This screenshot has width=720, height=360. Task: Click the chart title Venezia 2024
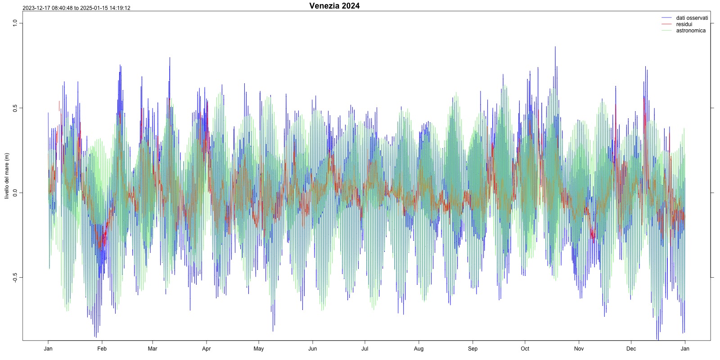click(x=334, y=6)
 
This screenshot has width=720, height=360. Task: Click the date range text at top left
click(x=76, y=8)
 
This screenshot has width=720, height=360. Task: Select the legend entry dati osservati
click(x=692, y=18)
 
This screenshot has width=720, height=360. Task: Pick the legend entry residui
click(x=684, y=24)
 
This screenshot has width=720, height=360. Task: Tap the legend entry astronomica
click(x=691, y=31)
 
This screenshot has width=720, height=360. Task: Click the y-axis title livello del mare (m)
click(x=7, y=176)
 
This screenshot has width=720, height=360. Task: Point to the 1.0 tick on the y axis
click(x=15, y=23)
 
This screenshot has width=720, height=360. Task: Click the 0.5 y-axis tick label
click(x=15, y=108)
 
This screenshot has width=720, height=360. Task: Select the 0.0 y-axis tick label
click(x=15, y=193)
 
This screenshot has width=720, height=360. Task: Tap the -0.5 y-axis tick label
click(x=15, y=278)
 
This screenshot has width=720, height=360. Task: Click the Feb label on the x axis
click(x=102, y=349)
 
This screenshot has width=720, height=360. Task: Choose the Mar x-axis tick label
click(x=153, y=349)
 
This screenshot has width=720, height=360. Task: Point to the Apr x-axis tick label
click(x=206, y=349)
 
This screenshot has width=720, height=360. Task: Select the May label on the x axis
click(x=259, y=349)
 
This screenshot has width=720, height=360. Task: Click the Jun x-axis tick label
click(x=312, y=349)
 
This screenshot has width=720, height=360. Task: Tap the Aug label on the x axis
click(x=418, y=349)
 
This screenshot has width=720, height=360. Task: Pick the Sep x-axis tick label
click(x=472, y=349)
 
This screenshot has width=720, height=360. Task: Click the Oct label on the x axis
click(x=525, y=349)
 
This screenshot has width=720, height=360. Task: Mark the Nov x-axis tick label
click(x=579, y=349)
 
